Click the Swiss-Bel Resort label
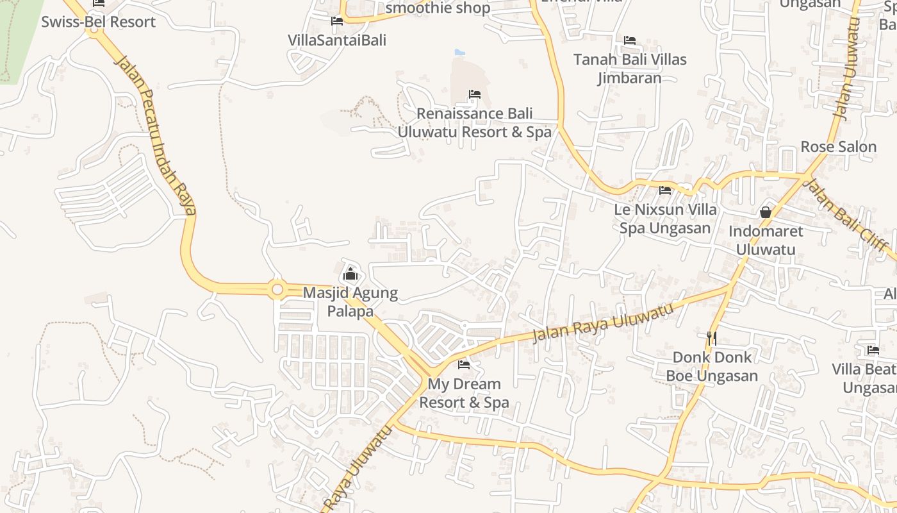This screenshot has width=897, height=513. pyautogui.click(x=98, y=22)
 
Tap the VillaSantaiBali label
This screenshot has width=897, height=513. pyautogui.click(x=337, y=40)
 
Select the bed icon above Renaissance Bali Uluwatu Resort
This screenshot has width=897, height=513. pyautogui.click(x=474, y=94)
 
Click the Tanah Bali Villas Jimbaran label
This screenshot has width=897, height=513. pyautogui.click(x=630, y=69)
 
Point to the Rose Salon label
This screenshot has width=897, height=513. pyautogui.click(x=838, y=147)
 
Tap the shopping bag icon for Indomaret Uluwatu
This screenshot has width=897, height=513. pyautogui.click(x=765, y=212)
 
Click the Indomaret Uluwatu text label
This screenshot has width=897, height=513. pyautogui.click(x=766, y=240)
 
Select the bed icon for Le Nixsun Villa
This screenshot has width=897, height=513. pyautogui.click(x=665, y=190)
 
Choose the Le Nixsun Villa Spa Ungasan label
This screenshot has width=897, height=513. pyautogui.click(x=666, y=219)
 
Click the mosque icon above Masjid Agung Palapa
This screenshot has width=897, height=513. pyautogui.click(x=350, y=274)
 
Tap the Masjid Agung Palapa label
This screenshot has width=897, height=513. pyautogui.click(x=350, y=303)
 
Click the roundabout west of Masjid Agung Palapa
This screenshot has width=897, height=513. pyautogui.click(x=277, y=290)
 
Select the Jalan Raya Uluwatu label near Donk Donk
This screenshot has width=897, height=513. pyautogui.click(x=603, y=323)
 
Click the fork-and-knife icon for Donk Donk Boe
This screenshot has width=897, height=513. pyautogui.click(x=711, y=337)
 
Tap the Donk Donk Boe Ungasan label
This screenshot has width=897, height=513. pyautogui.click(x=712, y=366)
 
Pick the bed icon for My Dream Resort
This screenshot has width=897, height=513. pyautogui.click(x=464, y=365)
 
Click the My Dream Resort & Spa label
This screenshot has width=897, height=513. pyautogui.click(x=464, y=393)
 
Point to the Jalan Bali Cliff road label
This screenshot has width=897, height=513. pyautogui.click(x=846, y=215)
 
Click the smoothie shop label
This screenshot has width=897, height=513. pyautogui.click(x=438, y=8)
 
